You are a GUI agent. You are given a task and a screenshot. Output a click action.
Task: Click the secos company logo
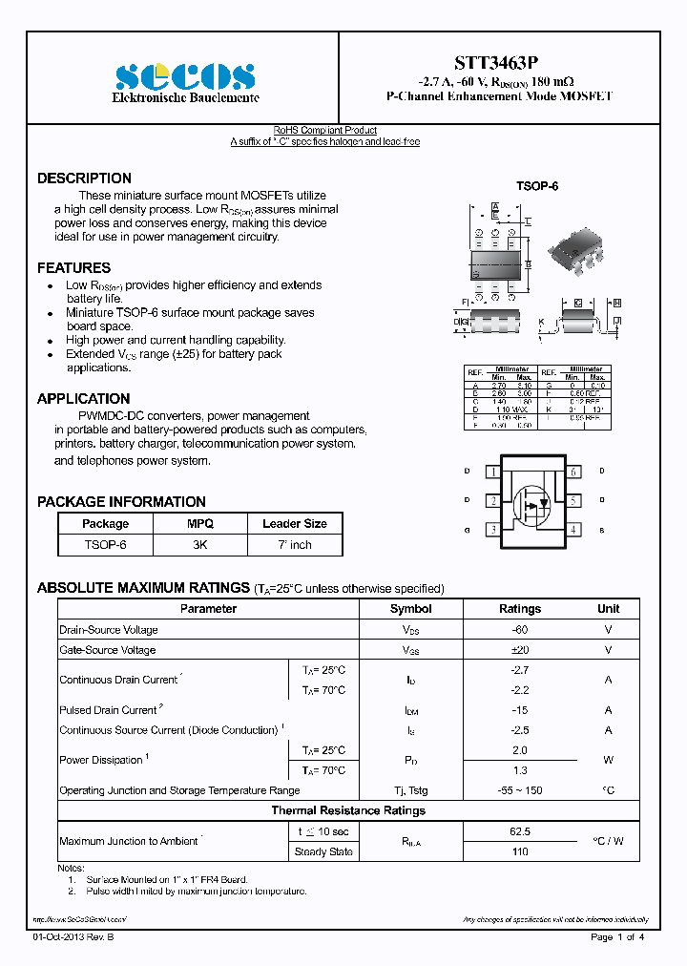coord(185,76)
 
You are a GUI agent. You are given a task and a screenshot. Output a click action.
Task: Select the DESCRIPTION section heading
coord(84,178)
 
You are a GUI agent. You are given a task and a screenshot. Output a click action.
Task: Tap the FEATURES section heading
coord(73,268)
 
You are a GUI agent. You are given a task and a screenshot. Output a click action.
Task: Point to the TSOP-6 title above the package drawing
coord(537,186)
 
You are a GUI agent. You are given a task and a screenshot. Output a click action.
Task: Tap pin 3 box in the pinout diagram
coord(492,529)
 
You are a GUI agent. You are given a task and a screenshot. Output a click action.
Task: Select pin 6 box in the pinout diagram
coord(573,472)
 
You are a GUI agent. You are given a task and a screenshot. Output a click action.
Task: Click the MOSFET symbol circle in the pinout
coord(530,501)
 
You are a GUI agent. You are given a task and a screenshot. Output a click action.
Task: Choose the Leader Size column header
coord(295,524)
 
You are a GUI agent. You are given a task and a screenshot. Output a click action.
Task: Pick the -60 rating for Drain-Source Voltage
coord(520,630)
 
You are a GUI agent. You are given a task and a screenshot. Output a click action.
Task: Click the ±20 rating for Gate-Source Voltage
coord(520,650)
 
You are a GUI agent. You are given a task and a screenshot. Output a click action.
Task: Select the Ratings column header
coord(520,609)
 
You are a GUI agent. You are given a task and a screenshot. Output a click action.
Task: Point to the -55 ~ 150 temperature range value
coord(520,790)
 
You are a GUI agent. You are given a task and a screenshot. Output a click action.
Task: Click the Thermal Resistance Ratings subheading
coord(348,810)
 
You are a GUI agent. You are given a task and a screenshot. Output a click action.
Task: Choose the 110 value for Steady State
coord(520,851)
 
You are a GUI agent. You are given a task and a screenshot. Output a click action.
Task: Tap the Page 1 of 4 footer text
coord(617,937)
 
